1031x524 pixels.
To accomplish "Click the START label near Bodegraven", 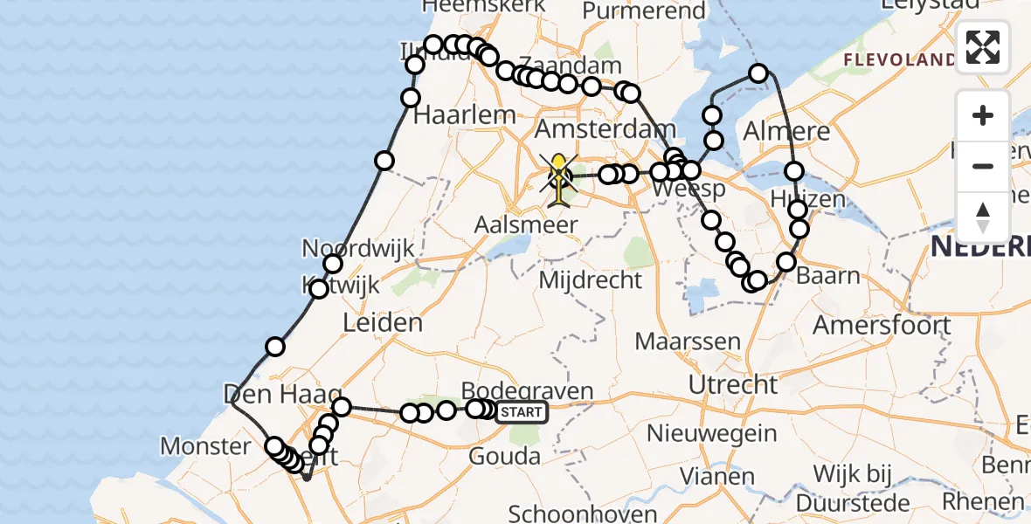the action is click(x=522, y=412).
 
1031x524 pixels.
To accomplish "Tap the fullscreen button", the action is click(x=983, y=47).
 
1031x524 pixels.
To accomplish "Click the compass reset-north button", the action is click(x=983, y=217).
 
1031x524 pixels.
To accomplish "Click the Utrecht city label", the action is click(x=732, y=383).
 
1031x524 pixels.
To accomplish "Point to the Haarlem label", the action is click(x=465, y=114).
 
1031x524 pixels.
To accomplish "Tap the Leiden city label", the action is click(x=383, y=323).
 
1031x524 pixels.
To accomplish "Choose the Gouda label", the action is click(x=504, y=456).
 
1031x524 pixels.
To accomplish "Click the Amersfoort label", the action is click(x=882, y=325).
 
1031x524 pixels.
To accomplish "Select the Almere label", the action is click(x=785, y=132).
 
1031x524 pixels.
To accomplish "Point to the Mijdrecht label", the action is click(x=591, y=280).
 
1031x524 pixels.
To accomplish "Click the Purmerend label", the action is click(x=644, y=11).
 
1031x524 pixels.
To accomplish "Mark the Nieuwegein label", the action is click(x=712, y=432).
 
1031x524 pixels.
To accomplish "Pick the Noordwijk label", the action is click(x=357, y=248).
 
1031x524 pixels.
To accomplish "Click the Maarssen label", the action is click(x=688, y=341).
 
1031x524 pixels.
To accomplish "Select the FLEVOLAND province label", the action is click(x=899, y=59).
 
